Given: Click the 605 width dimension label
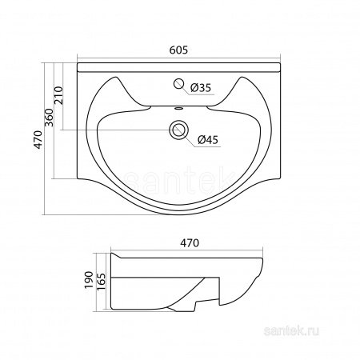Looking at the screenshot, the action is (x=178, y=50).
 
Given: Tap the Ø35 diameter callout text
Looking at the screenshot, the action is (x=201, y=88).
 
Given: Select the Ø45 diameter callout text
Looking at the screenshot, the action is (x=208, y=140).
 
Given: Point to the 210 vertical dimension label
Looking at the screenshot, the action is (x=58, y=95).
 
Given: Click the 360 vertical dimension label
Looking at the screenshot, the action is (x=49, y=118).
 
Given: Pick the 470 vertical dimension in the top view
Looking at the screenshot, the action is (x=38, y=139).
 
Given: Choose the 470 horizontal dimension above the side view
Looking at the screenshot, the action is (x=190, y=243).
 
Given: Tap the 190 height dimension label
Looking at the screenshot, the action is (x=89, y=280).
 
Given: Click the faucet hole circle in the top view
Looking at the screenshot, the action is (x=178, y=83).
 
